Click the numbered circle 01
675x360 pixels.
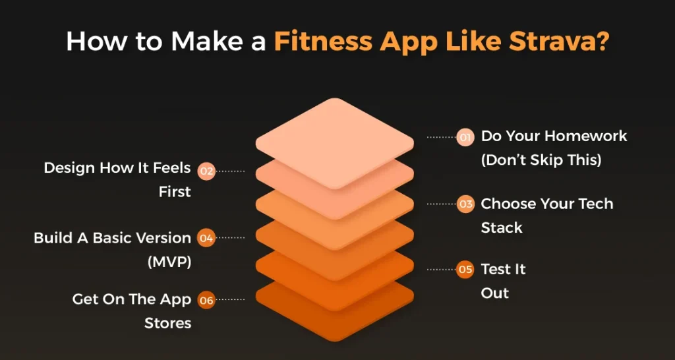point(465,137)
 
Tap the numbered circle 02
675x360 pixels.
point(206,171)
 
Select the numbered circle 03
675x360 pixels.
point(465,204)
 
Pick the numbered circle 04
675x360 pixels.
point(206,238)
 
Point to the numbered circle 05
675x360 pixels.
point(465,270)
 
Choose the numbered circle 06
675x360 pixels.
point(206,300)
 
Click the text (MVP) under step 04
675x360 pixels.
point(169,262)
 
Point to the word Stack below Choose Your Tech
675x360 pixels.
point(502,227)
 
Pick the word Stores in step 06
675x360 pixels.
point(168,323)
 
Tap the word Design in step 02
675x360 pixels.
point(70,168)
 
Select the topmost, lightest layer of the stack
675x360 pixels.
point(334,143)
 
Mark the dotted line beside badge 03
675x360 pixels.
point(441,204)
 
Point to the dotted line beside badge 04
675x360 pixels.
point(230,238)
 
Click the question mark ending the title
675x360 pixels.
point(602,40)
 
